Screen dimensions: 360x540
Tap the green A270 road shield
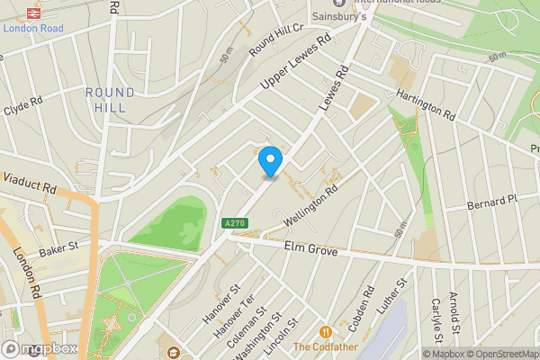tap(233, 222)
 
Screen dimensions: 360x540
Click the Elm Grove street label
tap(310, 249)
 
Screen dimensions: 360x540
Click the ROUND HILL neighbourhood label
tap(111, 100)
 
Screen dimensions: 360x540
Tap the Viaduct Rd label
tap(29, 184)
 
